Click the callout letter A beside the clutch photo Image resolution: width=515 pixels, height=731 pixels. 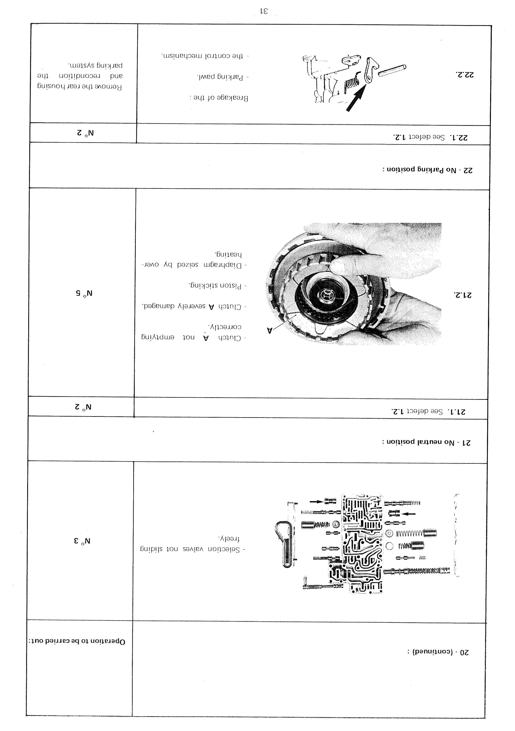pyautogui.click(x=270, y=331)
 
